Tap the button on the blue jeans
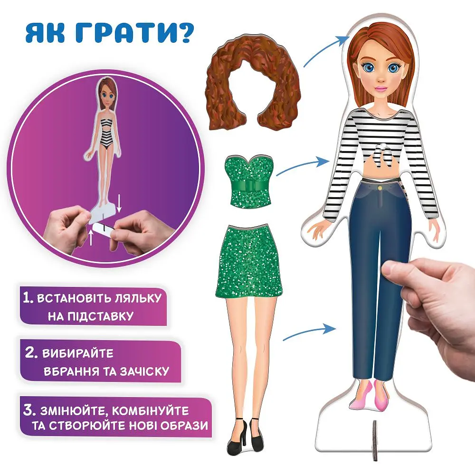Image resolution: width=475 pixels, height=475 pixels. pyautogui.click(x=380, y=189)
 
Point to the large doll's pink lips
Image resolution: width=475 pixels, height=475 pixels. pyautogui.click(x=381, y=88)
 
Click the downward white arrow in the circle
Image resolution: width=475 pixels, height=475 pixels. pyautogui.click(x=119, y=204)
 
